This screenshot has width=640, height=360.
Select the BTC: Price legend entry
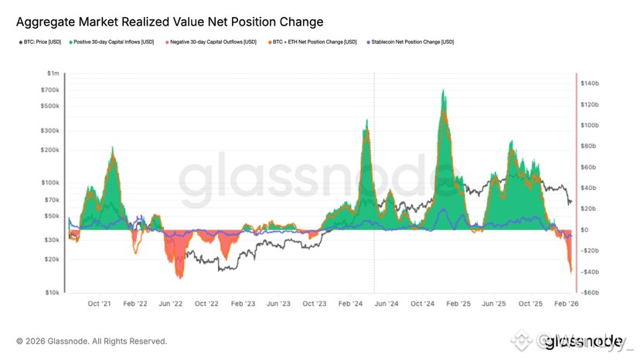coord(41,42)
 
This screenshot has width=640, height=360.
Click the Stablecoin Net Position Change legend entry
coord(410,42)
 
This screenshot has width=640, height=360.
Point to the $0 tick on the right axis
coord(586,230)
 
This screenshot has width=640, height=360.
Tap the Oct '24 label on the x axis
coord(423,304)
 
